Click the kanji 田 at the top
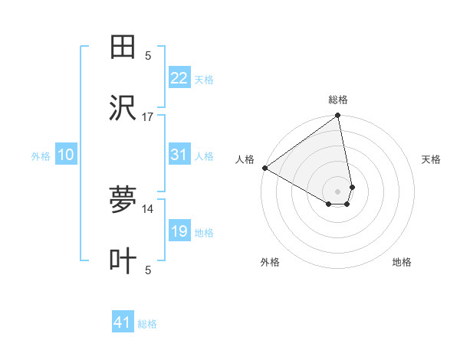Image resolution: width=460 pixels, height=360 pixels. pos(123,47)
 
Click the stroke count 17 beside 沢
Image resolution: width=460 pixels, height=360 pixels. pos(148,116)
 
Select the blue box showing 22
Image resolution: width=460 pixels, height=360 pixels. pos(179,78)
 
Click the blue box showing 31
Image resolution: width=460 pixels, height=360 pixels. pos(179,155)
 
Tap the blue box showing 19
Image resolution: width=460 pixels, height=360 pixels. pos(179,231)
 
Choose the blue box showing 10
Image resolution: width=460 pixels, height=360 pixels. pos(66,155)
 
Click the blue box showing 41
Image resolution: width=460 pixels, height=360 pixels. pos(123,322)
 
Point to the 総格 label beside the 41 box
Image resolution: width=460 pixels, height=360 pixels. pos(147,324)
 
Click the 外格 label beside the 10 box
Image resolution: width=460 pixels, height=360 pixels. pos(41,156)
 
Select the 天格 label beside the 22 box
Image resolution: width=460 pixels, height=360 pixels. pos(204,80)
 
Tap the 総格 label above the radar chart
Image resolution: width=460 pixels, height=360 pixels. pos(338,100)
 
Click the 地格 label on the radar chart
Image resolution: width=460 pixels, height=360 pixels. pos(402,263)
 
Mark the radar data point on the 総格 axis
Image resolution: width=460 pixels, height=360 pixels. pos(338,116)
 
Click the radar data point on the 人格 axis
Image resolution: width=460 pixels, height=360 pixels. pos(264,168)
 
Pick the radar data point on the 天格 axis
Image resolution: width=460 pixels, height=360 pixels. pos(352,187)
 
